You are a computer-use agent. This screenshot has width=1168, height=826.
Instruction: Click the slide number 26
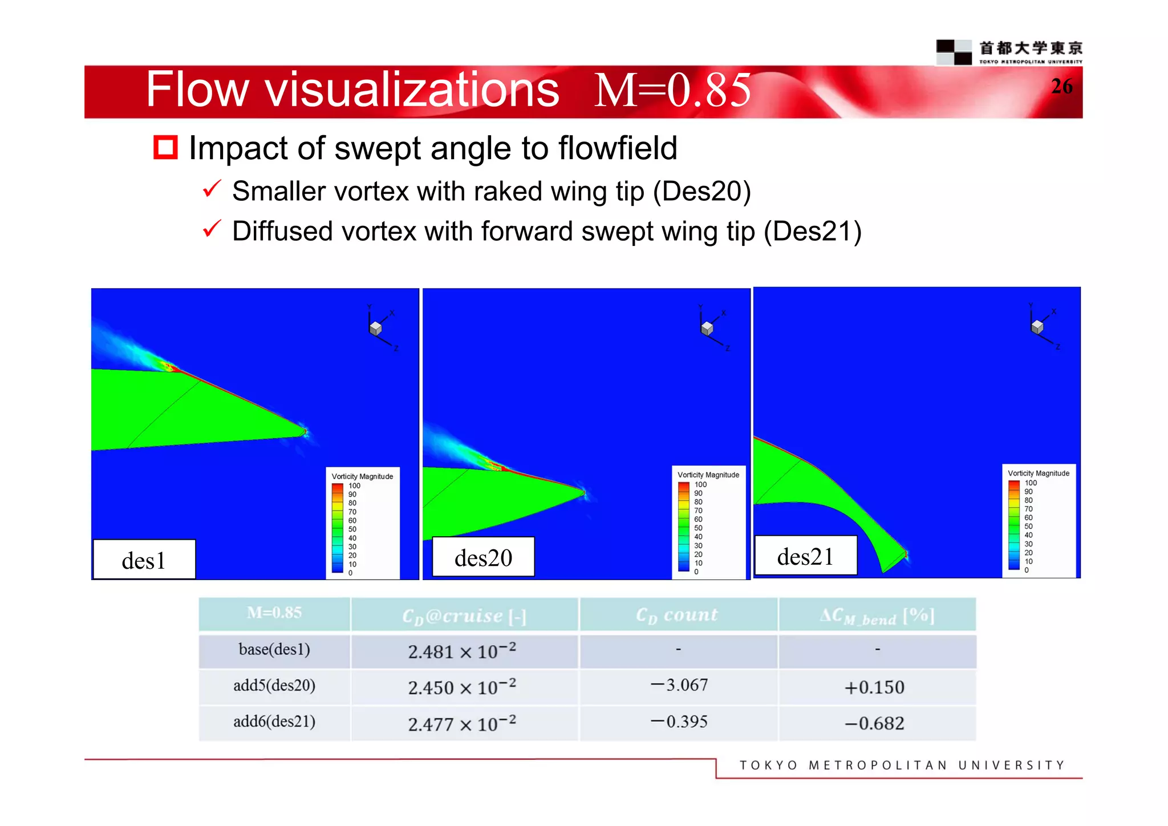click(1061, 86)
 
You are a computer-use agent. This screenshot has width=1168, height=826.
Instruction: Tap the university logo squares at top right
click(954, 52)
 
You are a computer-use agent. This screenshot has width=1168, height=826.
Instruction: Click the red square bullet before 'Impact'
click(165, 148)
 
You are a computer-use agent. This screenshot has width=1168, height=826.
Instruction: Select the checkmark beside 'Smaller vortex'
click(212, 189)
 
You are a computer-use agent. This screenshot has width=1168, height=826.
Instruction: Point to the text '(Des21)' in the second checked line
click(813, 232)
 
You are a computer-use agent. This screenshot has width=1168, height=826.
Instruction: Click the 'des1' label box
click(144, 560)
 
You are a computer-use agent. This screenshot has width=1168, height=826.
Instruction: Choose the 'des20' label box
click(483, 557)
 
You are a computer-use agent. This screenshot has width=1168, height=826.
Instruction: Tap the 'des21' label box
click(805, 556)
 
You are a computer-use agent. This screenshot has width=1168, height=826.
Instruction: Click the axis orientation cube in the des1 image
click(376, 328)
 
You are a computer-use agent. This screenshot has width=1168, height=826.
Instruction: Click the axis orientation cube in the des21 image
click(1037, 326)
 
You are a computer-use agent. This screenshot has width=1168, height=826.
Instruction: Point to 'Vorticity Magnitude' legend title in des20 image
click(708, 475)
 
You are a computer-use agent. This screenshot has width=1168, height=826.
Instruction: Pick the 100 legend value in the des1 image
click(354, 485)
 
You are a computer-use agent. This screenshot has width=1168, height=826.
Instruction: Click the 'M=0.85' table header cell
click(274, 613)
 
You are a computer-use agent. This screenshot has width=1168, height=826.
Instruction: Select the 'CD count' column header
click(677, 614)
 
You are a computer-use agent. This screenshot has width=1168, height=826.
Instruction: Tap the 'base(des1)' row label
click(274, 650)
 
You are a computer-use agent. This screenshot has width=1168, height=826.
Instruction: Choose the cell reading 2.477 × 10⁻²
click(462, 723)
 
